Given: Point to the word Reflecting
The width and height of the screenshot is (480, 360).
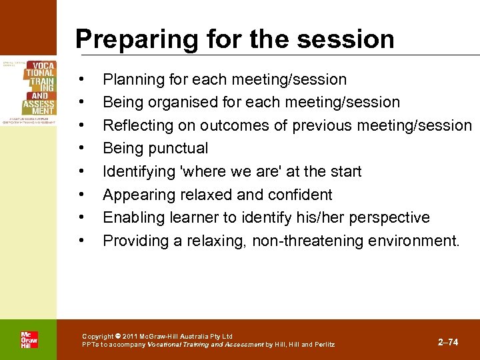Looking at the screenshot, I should [137, 125].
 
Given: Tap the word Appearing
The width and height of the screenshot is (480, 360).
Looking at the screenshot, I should [136, 195].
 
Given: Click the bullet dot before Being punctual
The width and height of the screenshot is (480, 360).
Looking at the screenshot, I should [81, 148].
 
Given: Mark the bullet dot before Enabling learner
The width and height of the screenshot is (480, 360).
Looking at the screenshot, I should [81, 217].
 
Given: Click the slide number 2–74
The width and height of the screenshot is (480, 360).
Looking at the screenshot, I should [447, 342].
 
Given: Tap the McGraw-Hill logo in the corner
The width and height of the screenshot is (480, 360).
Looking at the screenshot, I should [29, 339].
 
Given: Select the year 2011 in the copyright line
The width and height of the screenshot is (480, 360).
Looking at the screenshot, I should [131, 337].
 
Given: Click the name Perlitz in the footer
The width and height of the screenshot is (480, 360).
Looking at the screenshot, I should [324, 345].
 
